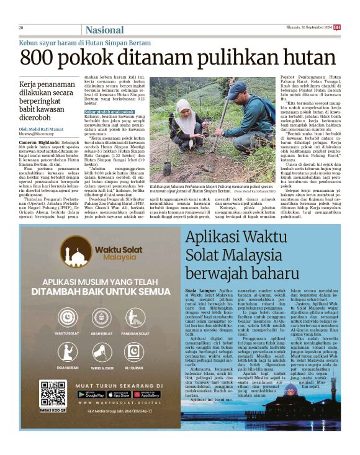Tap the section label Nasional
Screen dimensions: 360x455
104,29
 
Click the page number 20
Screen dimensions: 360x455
21,27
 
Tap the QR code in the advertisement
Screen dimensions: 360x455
53,392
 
